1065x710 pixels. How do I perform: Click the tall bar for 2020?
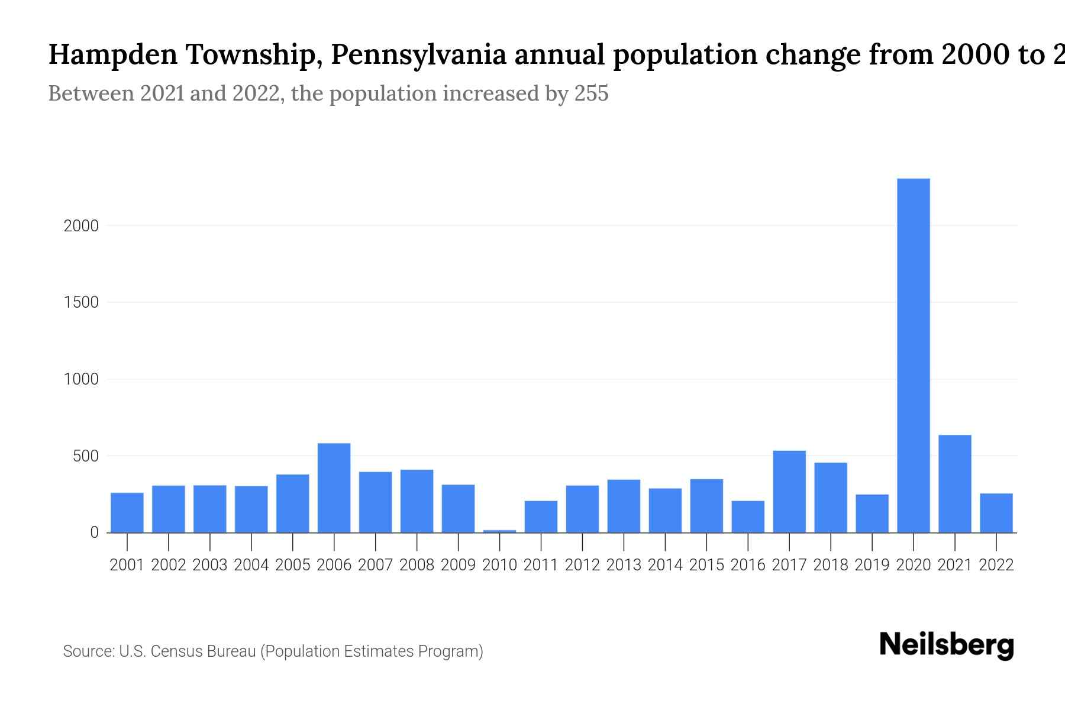click(x=913, y=355)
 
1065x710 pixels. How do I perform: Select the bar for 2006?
click(x=334, y=488)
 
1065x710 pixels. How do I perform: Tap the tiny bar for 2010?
click(x=499, y=531)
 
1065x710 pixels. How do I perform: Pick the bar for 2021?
click(x=954, y=483)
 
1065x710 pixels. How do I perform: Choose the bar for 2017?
click(x=789, y=491)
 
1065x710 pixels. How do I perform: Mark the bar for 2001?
click(x=127, y=512)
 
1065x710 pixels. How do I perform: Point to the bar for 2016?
click(x=748, y=517)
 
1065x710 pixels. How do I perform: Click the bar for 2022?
click(x=996, y=512)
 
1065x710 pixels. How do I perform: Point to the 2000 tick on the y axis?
click(x=81, y=226)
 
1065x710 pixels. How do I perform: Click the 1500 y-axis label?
click(x=81, y=302)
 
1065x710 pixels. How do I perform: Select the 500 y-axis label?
click(x=85, y=456)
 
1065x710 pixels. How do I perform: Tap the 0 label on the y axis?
click(x=94, y=532)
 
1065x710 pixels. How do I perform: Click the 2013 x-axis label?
click(x=624, y=565)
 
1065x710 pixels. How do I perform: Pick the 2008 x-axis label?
click(x=417, y=565)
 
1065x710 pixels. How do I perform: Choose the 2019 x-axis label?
click(x=872, y=565)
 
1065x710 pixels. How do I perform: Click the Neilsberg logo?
click(x=946, y=645)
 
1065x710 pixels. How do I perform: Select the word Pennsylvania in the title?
click(x=418, y=54)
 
